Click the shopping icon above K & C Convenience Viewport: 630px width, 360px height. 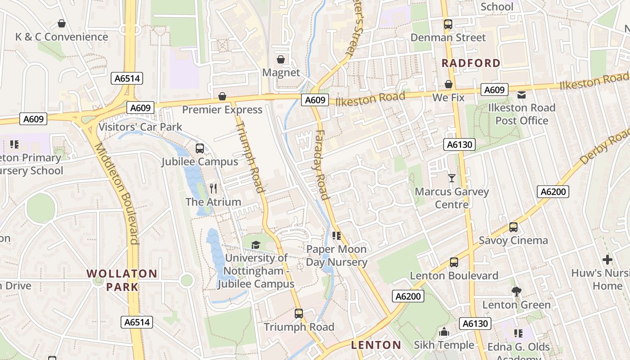[62, 23]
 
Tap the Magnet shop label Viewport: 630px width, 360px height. [281, 72]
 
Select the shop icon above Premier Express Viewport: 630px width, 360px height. [222, 96]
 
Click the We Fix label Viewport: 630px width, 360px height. [448, 97]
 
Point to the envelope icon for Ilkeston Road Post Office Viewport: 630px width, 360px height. [522, 94]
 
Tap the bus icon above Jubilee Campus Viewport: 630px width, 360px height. [200, 148]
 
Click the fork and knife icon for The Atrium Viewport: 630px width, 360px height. [213, 188]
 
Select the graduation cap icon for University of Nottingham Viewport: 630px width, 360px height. [256, 245]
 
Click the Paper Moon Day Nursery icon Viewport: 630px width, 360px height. [336, 235]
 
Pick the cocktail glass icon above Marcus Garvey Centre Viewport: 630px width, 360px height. [452, 178]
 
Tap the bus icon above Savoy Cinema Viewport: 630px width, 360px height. [513, 227]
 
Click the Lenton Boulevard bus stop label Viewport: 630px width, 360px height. [454, 275]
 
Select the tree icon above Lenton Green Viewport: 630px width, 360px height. [517, 292]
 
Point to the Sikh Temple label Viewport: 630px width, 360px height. [444, 345]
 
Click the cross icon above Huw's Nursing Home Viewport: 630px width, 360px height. [607, 260]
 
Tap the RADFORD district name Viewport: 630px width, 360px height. [471, 63]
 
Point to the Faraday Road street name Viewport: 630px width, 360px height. [321, 164]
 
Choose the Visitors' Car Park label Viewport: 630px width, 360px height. [140, 127]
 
